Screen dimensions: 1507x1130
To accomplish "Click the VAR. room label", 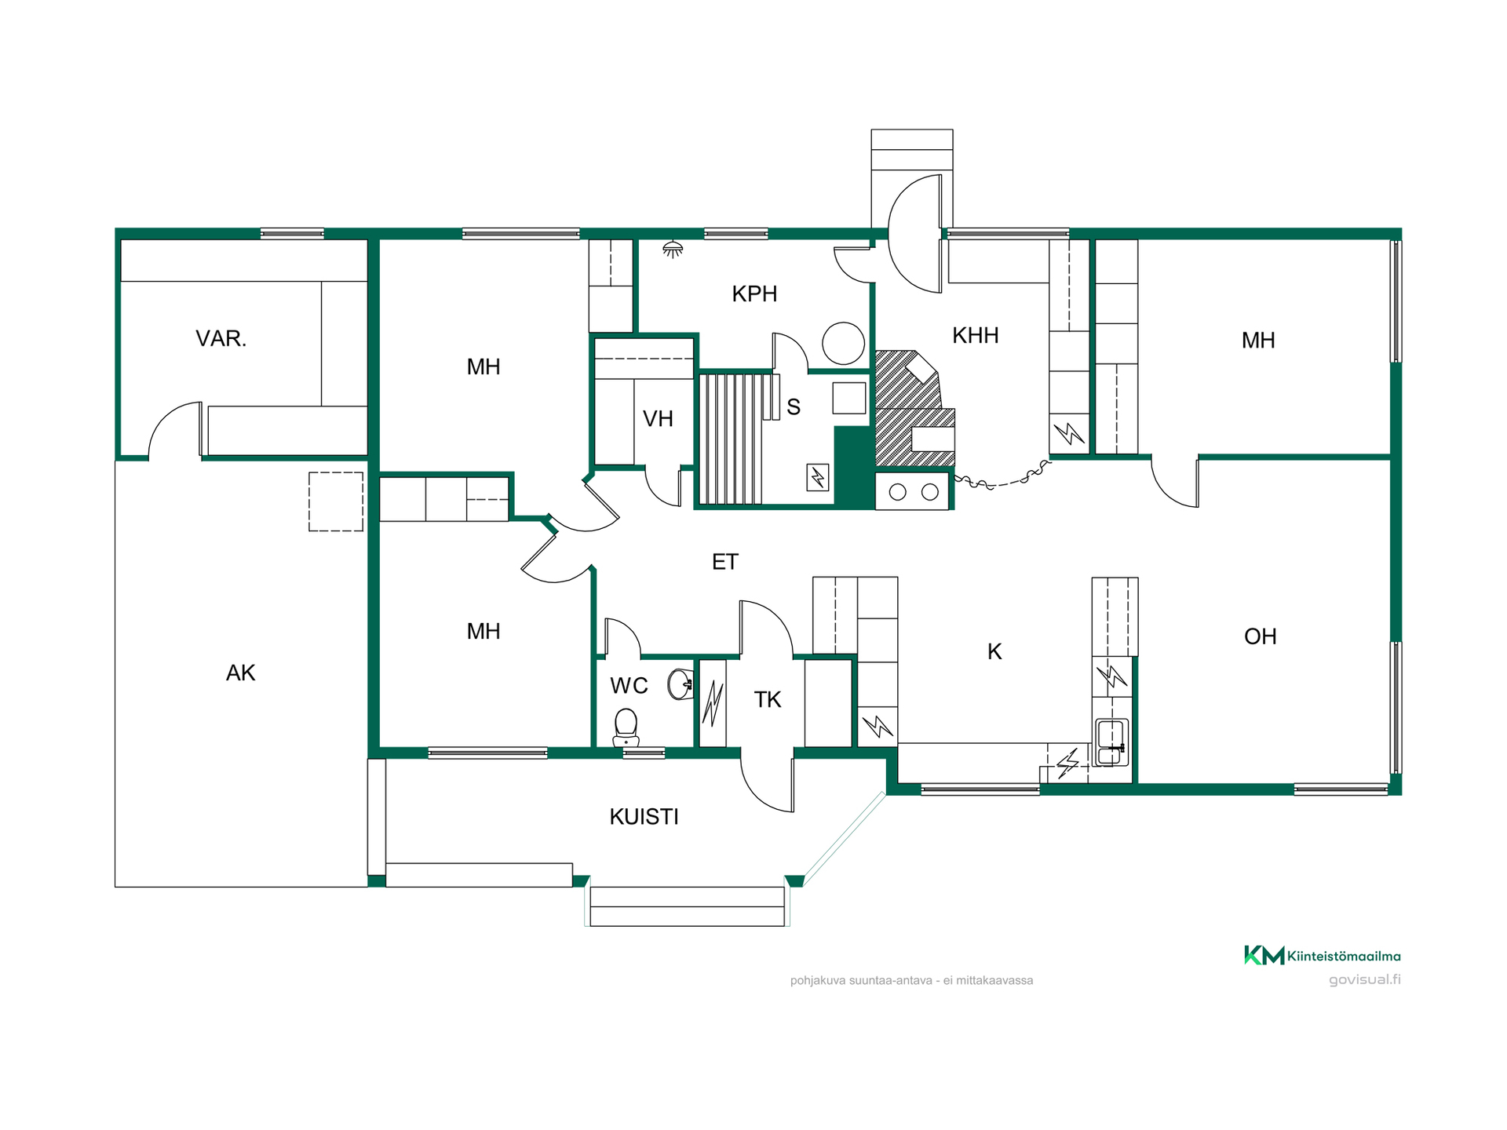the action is (x=221, y=339).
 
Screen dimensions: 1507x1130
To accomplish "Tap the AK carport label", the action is (x=241, y=673).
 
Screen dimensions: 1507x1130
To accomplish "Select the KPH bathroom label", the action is (x=754, y=294).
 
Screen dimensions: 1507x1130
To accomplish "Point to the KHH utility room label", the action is (x=976, y=336).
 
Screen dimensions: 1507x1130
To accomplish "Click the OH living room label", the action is (x=1261, y=636).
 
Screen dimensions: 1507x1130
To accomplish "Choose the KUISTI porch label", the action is (x=644, y=817).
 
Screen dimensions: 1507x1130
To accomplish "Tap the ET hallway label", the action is (x=725, y=562).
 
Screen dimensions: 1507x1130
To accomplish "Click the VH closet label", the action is (x=658, y=419).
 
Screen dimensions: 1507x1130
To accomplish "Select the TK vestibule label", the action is (x=768, y=700).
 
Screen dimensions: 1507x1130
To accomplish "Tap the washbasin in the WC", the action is (x=681, y=684).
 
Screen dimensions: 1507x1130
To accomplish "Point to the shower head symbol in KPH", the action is (x=673, y=250).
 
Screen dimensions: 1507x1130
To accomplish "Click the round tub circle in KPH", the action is (x=843, y=344).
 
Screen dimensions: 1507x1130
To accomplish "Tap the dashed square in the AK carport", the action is (x=336, y=501).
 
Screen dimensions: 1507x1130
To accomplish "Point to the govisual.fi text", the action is (x=1364, y=979).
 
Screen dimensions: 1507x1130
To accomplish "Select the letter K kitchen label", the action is (x=994, y=652).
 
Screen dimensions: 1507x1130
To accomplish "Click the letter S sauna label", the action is (x=794, y=407).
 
